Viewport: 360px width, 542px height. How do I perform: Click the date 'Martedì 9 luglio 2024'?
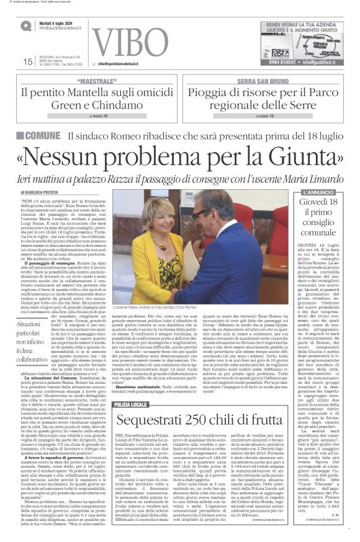coord(60,22)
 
